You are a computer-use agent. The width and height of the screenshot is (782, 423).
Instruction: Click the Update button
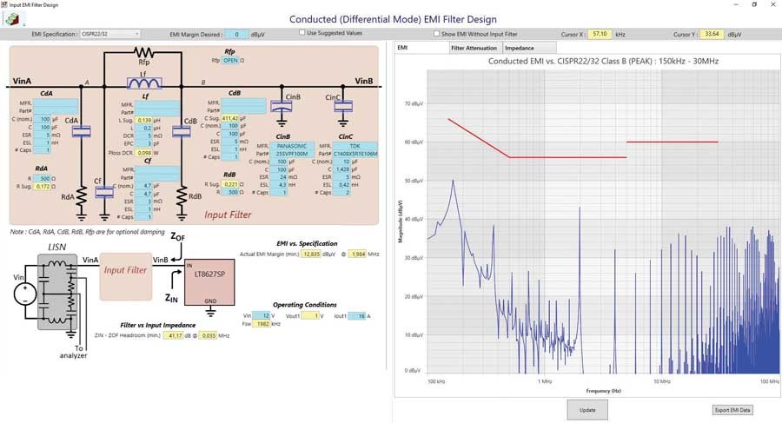587,408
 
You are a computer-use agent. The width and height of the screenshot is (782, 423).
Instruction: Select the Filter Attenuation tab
474,48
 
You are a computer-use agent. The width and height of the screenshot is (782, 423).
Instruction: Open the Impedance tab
520,48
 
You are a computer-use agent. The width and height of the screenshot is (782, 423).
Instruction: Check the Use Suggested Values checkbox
302,33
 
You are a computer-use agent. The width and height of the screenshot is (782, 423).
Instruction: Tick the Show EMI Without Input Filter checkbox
437,34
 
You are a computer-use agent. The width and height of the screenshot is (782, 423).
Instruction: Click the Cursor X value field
599,34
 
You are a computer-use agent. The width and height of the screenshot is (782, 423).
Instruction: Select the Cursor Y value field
712,34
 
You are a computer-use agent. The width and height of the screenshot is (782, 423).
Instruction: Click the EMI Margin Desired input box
235,34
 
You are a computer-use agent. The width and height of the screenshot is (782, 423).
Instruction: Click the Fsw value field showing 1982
262,323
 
